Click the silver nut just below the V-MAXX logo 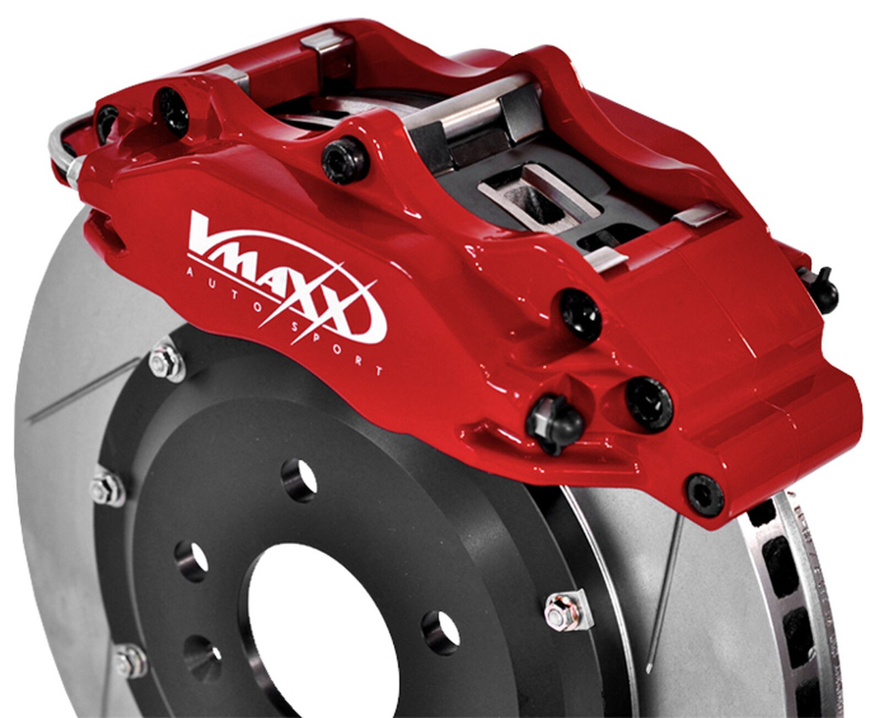[167, 363]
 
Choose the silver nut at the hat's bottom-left [130, 660]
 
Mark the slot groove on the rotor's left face [82, 394]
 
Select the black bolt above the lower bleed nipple [581, 314]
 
